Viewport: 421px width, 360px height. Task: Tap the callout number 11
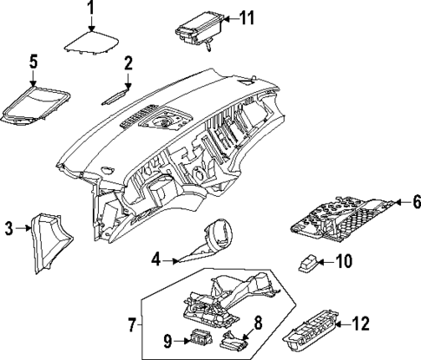pyautogui.click(x=248, y=18)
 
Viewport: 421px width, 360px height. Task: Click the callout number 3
pyautogui.click(x=9, y=228)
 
